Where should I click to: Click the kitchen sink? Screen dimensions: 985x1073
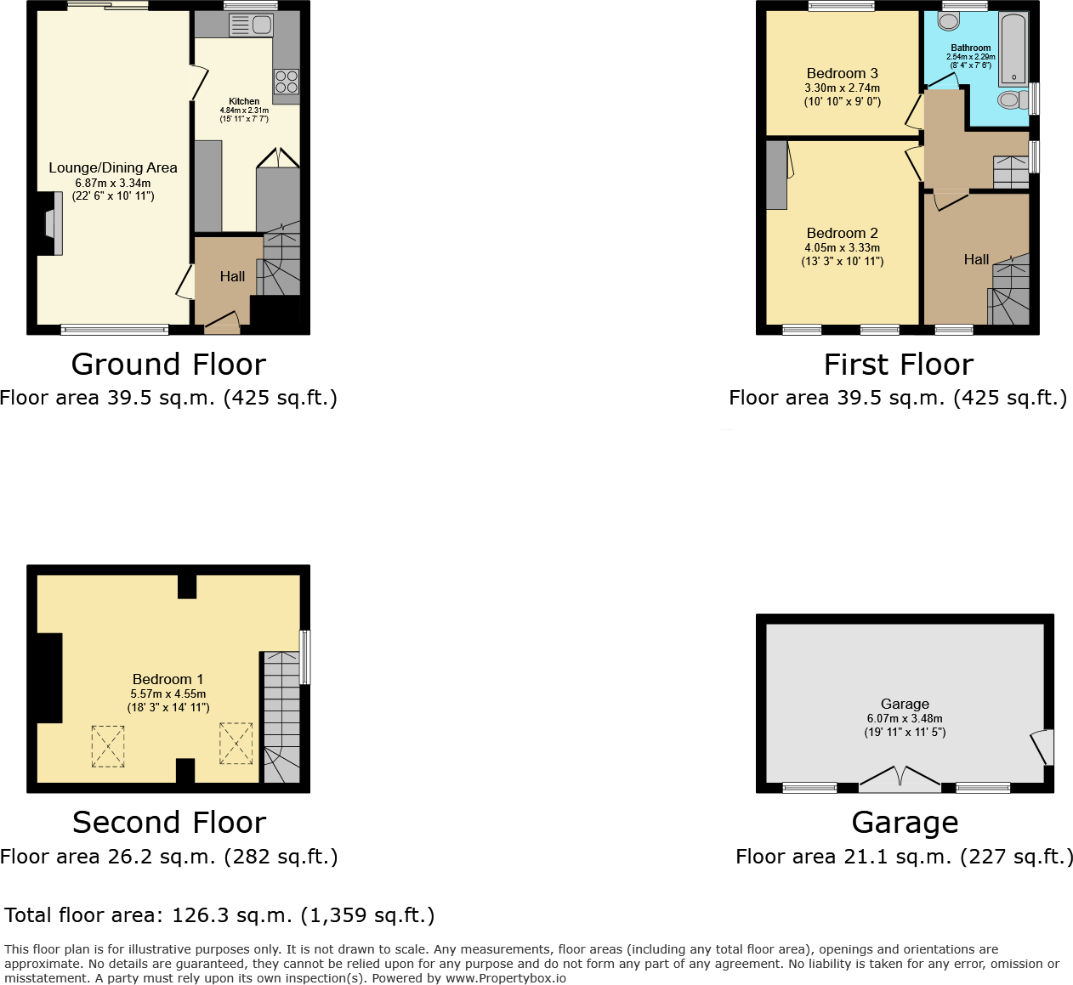[x=251, y=26]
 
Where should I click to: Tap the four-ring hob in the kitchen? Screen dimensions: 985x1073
[x=287, y=82]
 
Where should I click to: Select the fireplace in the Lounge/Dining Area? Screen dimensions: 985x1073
[x=51, y=224]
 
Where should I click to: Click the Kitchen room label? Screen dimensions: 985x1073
[x=244, y=101]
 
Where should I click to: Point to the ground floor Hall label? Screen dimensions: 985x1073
[x=232, y=276]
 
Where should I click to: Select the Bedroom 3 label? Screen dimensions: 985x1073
[x=842, y=74]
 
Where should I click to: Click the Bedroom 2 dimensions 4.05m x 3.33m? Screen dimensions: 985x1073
[x=842, y=248]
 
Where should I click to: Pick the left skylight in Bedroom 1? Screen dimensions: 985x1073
[x=108, y=746]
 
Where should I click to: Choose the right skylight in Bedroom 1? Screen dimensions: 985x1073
[x=236, y=743]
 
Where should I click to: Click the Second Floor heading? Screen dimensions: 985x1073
[x=169, y=823]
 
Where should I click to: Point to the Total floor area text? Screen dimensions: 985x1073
[x=219, y=915]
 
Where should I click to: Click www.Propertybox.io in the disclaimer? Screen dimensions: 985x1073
[x=505, y=978]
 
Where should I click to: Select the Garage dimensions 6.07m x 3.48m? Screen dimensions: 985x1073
[x=905, y=718]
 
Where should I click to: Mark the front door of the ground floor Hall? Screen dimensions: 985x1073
[x=222, y=322]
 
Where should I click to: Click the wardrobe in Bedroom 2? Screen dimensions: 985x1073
[x=775, y=175]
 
